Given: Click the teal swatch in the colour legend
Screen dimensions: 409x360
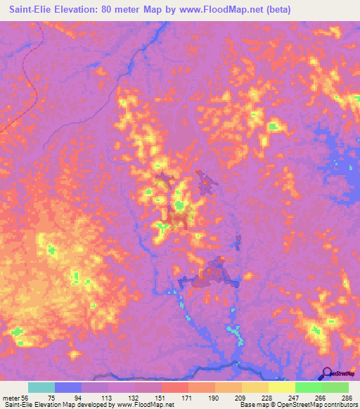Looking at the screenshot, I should click(x=41, y=387).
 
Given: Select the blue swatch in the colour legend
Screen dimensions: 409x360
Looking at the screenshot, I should click(x=68, y=387).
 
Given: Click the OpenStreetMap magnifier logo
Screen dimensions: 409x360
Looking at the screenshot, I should click(x=328, y=374).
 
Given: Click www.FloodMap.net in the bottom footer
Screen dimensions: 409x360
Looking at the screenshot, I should click(x=145, y=405).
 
